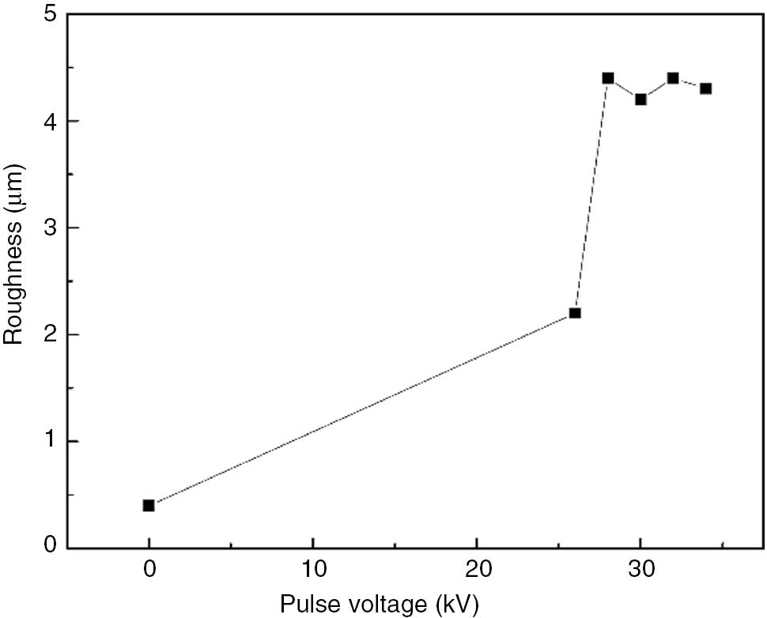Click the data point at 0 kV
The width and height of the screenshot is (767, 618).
[x=149, y=505]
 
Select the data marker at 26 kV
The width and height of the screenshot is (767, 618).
[x=575, y=313]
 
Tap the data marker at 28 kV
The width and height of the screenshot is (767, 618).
[x=608, y=78]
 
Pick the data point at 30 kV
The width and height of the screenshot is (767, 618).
[x=640, y=100]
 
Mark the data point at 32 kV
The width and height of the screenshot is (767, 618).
[x=673, y=78]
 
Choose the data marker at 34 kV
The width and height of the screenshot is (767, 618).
[x=705, y=89]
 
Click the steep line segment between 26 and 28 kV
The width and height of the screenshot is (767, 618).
[x=591, y=195]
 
